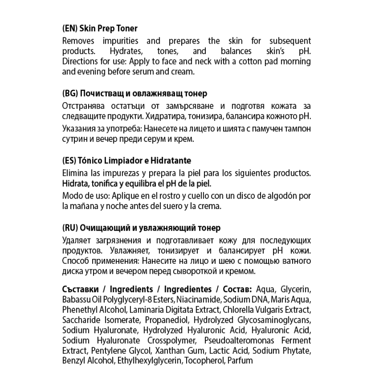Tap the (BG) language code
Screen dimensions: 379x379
(x=69, y=94)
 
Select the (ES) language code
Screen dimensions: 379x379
(x=69, y=160)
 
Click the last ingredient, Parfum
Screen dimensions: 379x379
(x=240, y=360)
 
